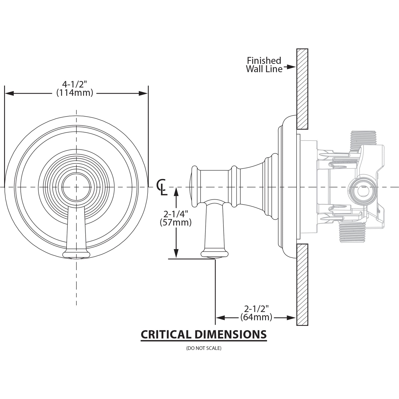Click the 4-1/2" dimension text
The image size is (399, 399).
point(75,84)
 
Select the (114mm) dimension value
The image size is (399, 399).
point(75,93)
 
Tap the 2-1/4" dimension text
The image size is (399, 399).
point(176,214)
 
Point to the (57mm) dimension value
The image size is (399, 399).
point(176,222)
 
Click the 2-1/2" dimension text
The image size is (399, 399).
point(256,308)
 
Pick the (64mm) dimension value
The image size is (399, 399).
point(256,317)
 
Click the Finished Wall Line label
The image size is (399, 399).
point(264,65)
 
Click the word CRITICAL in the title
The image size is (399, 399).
point(166,334)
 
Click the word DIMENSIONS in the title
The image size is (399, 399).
point(230,334)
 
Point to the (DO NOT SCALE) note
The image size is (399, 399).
point(204,348)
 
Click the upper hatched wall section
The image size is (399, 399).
point(302,89)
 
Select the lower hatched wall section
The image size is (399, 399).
point(302,284)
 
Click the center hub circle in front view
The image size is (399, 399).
point(76,187)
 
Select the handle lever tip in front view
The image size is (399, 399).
point(76,254)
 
